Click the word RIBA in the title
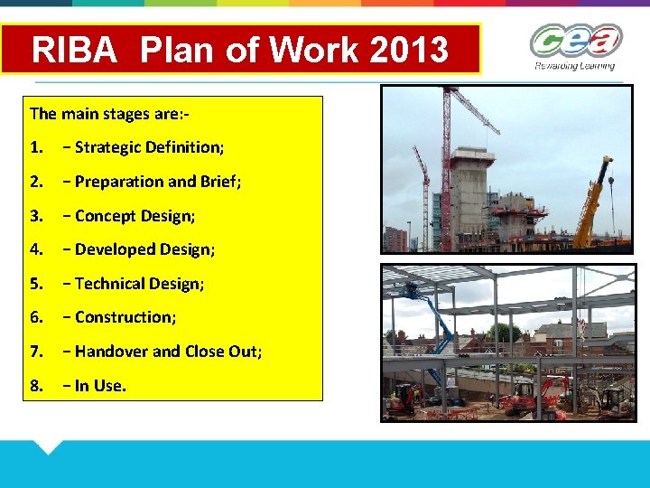[74, 49]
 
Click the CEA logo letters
[575, 41]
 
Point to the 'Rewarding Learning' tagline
[574, 65]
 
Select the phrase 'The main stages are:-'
[108, 114]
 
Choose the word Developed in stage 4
[115, 249]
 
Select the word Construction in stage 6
[125, 317]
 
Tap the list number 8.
[36, 386]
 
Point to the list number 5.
[36, 284]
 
